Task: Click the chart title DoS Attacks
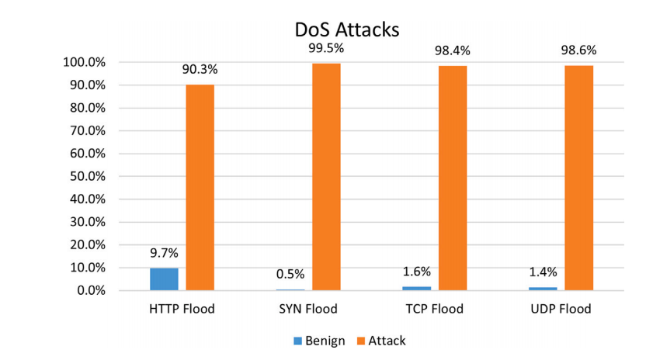[x=347, y=30]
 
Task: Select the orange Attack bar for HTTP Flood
[x=200, y=187]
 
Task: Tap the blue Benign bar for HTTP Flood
[x=164, y=279]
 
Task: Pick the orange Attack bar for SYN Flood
[x=326, y=177]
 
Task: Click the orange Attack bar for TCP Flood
[x=453, y=178]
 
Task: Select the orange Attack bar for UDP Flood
[x=578, y=178]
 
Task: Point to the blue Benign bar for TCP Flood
[x=416, y=289]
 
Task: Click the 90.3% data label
[x=200, y=69]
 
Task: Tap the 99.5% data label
[x=326, y=48]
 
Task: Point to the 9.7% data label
[x=164, y=252]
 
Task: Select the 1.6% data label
[x=416, y=271]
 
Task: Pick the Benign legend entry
[x=317, y=341]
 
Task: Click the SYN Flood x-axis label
[x=308, y=309]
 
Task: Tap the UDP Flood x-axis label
[x=561, y=309]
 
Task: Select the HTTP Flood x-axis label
[x=182, y=309]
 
